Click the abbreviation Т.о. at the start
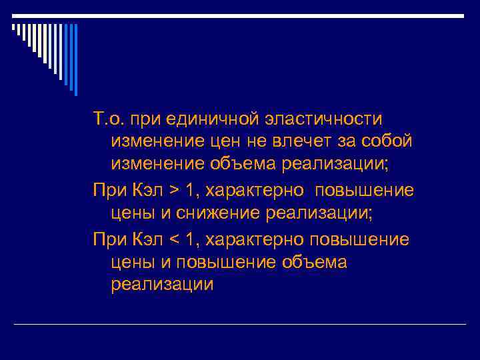(109, 119)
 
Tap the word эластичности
(321, 119)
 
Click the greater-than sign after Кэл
(174, 191)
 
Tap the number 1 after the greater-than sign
(191, 191)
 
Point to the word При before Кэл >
(108, 191)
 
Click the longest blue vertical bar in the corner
(75, 59)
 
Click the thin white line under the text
(240, 325)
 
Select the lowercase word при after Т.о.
(145, 119)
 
